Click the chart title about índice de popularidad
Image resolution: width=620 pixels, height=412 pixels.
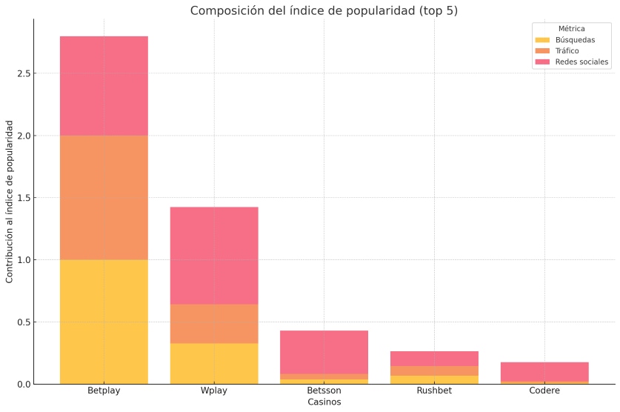(324, 10)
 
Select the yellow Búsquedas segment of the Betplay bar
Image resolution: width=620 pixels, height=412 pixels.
(104, 322)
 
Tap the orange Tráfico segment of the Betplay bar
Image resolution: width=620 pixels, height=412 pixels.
(104, 198)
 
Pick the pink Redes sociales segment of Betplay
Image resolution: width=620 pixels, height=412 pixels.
(104, 86)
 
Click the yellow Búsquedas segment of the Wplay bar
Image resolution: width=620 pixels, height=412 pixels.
(214, 363)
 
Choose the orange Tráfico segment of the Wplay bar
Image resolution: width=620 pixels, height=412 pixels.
(214, 324)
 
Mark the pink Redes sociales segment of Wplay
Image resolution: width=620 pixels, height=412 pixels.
(214, 256)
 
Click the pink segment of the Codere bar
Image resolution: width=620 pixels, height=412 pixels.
(544, 371)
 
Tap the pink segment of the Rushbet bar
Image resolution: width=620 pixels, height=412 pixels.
(434, 359)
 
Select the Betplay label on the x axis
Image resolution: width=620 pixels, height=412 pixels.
(104, 391)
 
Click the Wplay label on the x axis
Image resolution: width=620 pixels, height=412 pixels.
(214, 391)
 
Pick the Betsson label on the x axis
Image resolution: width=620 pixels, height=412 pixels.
(324, 391)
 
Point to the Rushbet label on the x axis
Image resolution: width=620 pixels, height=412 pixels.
(434, 391)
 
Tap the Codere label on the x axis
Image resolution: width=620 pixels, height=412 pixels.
(544, 391)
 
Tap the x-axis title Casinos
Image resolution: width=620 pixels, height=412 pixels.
(324, 402)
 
